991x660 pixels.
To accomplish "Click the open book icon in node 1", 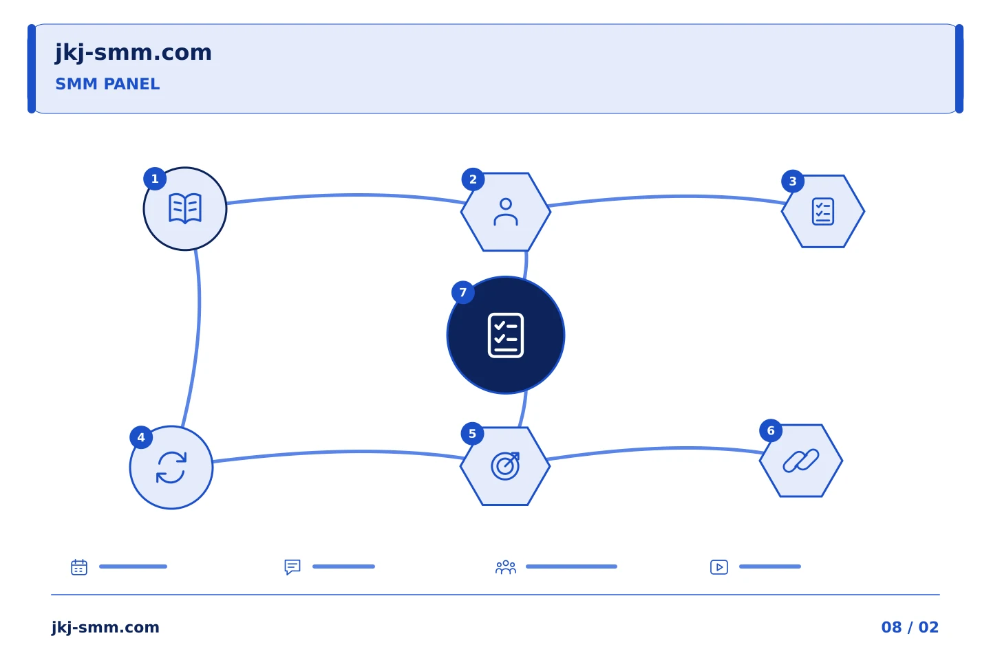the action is click(x=185, y=208).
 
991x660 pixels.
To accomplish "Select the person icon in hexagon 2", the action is click(x=506, y=212).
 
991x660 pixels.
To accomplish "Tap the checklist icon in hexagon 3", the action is click(x=823, y=211).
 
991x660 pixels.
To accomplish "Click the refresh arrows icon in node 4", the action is click(x=171, y=467).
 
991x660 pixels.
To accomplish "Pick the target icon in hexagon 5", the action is click(x=505, y=466).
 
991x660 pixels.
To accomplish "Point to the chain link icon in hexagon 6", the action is click(x=801, y=461).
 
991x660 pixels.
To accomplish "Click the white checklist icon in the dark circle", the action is click(x=506, y=335).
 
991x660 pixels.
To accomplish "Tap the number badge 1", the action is click(x=155, y=179).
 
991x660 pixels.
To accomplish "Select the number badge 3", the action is click(x=793, y=181).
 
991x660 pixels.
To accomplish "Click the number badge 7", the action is click(x=462, y=293).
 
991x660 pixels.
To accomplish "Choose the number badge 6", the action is click(x=771, y=430).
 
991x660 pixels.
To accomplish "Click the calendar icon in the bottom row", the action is click(x=79, y=566).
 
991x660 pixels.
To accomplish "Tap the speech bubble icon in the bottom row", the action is click(x=292, y=566).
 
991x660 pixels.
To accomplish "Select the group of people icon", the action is click(x=506, y=567).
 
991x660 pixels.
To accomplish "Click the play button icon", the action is click(x=719, y=567).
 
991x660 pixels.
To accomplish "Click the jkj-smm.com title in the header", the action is click(x=134, y=53).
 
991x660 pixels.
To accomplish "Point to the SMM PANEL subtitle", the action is click(x=107, y=84).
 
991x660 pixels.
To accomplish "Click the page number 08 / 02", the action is click(x=910, y=627).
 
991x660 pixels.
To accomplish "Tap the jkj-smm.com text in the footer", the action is click(x=105, y=627).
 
